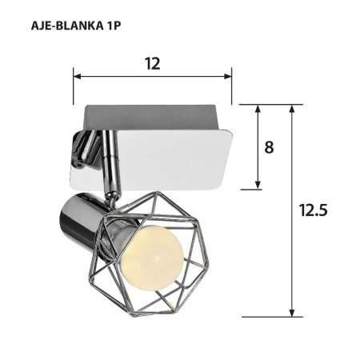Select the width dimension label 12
tap(152, 64)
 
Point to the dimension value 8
tap(269, 148)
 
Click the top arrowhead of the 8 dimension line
tap(258, 110)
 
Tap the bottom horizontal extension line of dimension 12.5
tap(272, 317)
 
